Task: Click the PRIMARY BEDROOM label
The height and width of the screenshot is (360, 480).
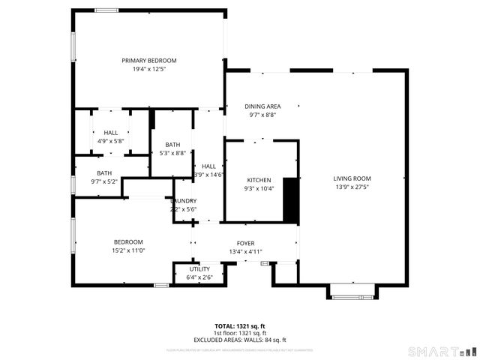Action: pos(149,61)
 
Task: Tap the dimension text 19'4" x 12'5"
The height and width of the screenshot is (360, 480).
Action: pos(149,69)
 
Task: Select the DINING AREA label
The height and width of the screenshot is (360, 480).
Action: pos(263,106)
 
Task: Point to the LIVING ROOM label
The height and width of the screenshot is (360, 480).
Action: pos(352,178)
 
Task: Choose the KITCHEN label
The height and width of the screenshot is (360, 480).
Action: pos(259,180)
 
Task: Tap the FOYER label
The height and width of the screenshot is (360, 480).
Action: pos(246,244)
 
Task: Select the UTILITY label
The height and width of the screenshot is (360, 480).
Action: pos(199,268)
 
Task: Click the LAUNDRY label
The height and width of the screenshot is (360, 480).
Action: pos(184,201)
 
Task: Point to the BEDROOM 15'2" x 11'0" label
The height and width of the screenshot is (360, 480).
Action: pos(128,241)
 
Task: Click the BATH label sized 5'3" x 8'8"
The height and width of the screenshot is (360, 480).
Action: pos(173,145)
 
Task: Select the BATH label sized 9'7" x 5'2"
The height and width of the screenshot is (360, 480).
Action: pos(104,172)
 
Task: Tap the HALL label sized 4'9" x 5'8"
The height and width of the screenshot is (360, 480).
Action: pos(111,132)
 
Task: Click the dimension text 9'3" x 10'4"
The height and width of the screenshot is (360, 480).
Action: pos(259,188)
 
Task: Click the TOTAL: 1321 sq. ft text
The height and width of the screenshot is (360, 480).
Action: pos(240,326)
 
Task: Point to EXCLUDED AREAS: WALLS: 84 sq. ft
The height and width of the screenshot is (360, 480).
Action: pos(240,339)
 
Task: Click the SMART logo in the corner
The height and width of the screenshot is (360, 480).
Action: pos(442,351)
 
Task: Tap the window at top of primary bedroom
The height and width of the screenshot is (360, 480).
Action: pos(106,10)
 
